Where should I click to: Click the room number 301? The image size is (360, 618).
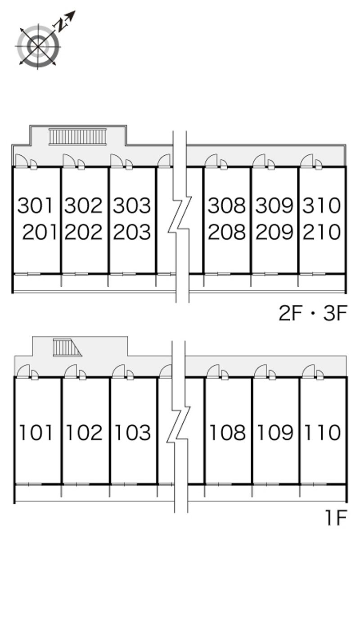(x=35, y=206)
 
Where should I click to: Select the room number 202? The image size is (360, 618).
(x=84, y=232)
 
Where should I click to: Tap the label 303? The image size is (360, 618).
(x=132, y=206)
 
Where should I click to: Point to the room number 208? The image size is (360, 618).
(x=226, y=232)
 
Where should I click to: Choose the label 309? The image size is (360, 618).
(x=274, y=206)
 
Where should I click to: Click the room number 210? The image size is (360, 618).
(x=322, y=232)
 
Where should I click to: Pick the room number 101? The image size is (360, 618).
(x=36, y=432)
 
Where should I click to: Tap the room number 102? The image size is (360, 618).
(x=85, y=432)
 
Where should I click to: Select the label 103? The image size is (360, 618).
(x=133, y=432)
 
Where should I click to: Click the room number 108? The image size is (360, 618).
(x=228, y=432)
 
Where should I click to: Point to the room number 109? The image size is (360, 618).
(x=275, y=432)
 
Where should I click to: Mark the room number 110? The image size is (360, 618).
(x=323, y=432)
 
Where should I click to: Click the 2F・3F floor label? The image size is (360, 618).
(x=313, y=313)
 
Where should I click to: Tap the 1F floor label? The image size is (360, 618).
(x=335, y=518)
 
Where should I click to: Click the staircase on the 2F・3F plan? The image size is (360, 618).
(x=77, y=136)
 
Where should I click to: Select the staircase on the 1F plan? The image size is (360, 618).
(x=67, y=347)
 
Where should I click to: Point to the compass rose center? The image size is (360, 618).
(x=38, y=46)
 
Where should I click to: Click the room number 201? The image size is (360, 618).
(x=40, y=232)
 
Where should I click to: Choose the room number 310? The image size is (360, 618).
(x=322, y=206)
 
